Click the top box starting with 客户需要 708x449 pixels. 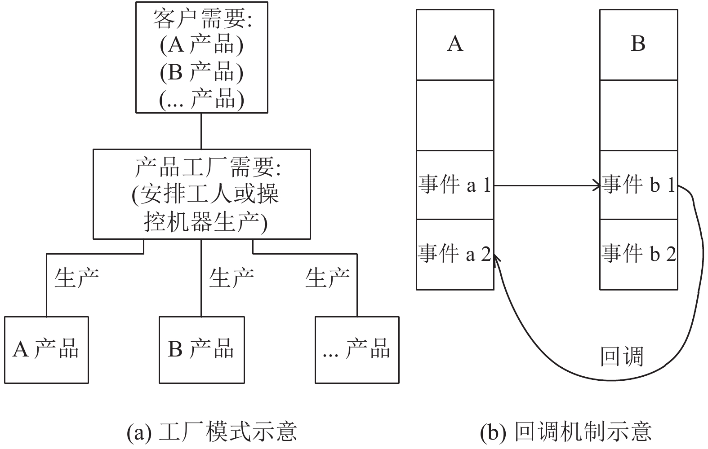tap(202, 57)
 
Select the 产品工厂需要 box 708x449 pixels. tap(202, 194)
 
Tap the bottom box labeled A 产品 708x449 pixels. tap(46, 350)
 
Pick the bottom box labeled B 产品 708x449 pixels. tap(202, 350)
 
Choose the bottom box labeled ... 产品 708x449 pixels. tap(357, 350)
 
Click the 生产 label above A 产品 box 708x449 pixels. tap(77, 278)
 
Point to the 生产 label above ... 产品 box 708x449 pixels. tap(327, 278)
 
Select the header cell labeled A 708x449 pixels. tap(455, 45)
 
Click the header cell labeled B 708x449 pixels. tap(639, 45)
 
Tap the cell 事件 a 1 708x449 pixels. tap(455, 185)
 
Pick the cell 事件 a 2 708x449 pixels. tap(455, 255)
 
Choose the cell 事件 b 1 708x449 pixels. tap(639, 185)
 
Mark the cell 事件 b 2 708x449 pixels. tap(639, 255)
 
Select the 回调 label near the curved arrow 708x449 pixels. tap(622, 357)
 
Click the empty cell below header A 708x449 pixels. tap(455, 115)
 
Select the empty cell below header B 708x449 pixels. tap(639, 115)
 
